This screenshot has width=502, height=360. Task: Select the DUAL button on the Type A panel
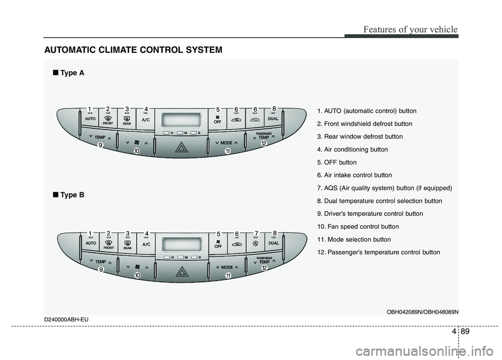(273, 118)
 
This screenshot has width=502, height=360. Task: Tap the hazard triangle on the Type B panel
(182, 272)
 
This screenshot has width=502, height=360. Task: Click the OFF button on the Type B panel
(218, 244)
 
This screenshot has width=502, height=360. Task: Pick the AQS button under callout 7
(256, 243)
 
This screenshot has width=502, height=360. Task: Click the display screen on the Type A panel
(181, 120)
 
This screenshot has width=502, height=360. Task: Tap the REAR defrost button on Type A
(127, 119)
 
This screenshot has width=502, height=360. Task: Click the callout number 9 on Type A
(100, 145)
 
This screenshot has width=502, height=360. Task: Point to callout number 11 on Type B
(229, 275)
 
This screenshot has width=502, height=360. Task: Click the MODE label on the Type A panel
(226, 143)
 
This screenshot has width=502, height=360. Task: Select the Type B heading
(69, 195)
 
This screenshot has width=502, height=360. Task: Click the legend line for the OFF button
(337, 162)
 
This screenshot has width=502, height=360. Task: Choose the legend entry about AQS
(384, 188)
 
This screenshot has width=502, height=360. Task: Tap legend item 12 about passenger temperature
(379, 252)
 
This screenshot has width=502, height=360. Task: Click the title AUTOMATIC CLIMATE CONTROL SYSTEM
(133, 50)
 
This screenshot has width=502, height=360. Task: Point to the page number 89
(465, 331)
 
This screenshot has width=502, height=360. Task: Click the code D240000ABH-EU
(66, 319)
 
